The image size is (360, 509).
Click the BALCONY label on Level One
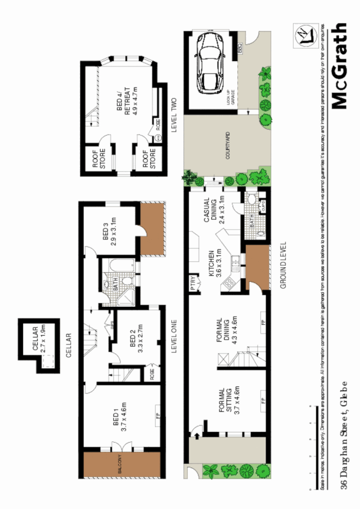click(120, 464)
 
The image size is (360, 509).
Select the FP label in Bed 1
click(157, 410)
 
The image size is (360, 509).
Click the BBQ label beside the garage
click(239, 49)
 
